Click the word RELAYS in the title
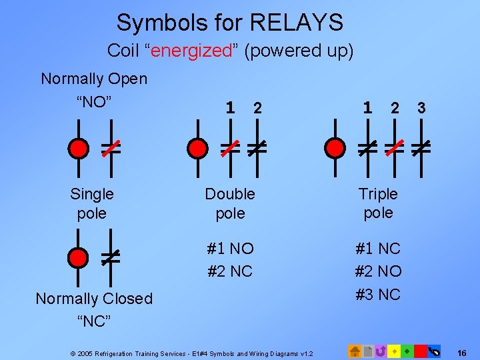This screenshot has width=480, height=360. pyautogui.click(x=296, y=23)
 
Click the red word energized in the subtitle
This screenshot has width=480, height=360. pyautogui.click(x=190, y=51)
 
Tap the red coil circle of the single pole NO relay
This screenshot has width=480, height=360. pyautogui.click(x=79, y=148)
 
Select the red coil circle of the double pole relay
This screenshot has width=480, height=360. pyautogui.click(x=197, y=148)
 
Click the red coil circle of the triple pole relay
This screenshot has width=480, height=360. pyautogui.click(x=334, y=148)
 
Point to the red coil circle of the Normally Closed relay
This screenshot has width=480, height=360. pyautogui.click(x=79, y=257)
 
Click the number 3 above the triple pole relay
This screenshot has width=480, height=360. pyautogui.click(x=421, y=107)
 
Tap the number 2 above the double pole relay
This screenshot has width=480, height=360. pyautogui.click(x=257, y=107)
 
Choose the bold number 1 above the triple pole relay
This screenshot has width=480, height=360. pyautogui.click(x=367, y=107)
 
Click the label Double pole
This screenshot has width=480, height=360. pyautogui.click(x=230, y=203)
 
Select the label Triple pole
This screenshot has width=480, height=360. pyautogui.click(x=378, y=203)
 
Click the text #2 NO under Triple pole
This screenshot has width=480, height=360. pyautogui.click(x=379, y=271)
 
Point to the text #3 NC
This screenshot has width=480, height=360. pyautogui.click(x=379, y=294)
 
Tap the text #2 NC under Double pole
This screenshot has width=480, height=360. pyautogui.click(x=230, y=271)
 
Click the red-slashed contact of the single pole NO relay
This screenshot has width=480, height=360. pyautogui.click(x=111, y=148)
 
